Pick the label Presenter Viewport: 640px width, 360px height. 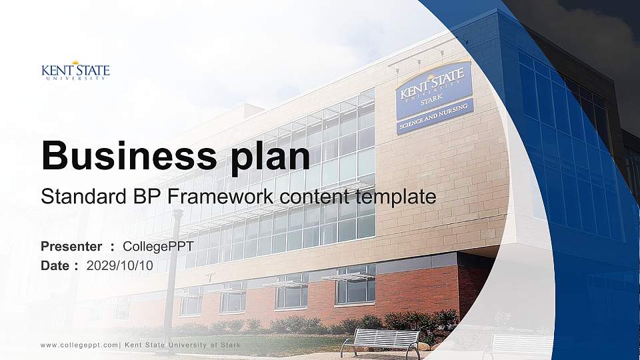click(x=71, y=247)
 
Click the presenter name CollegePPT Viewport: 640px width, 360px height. click(x=159, y=247)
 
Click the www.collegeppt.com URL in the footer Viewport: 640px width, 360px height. click(x=79, y=345)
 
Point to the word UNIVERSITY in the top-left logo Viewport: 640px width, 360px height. click(x=75, y=78)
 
